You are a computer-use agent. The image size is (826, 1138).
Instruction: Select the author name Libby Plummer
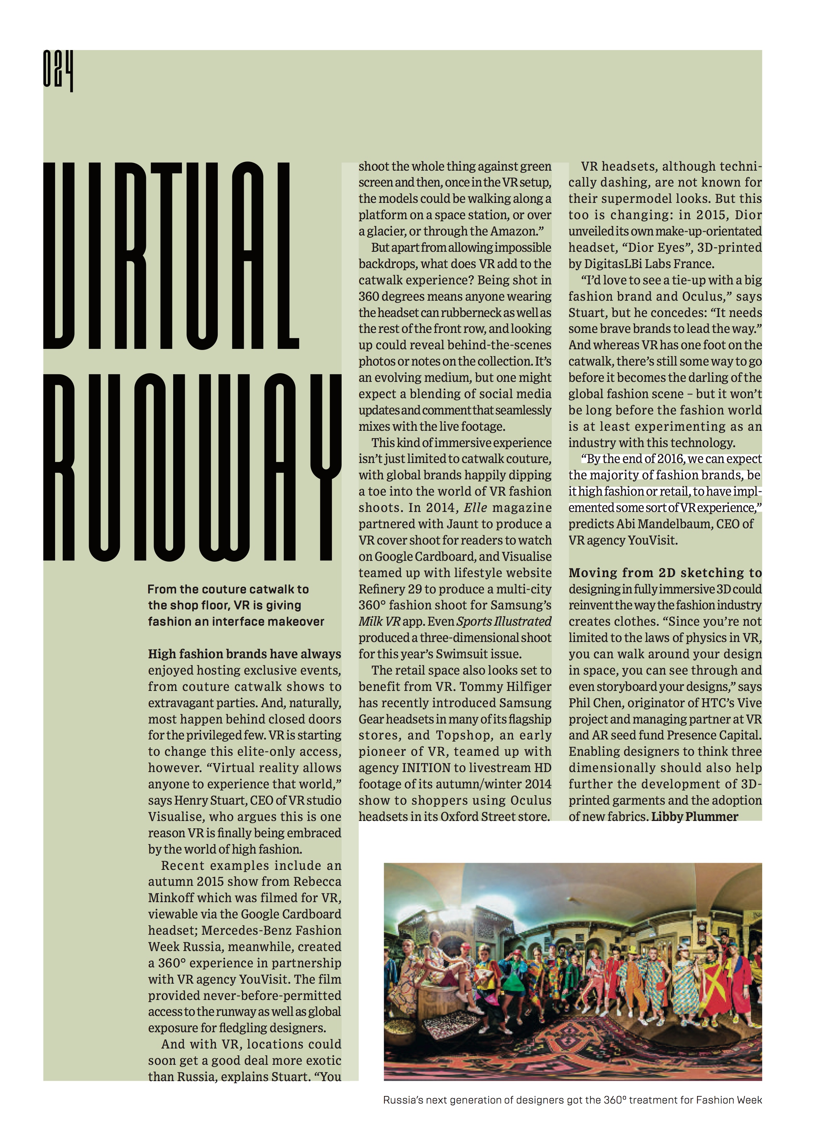coord(694,817)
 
